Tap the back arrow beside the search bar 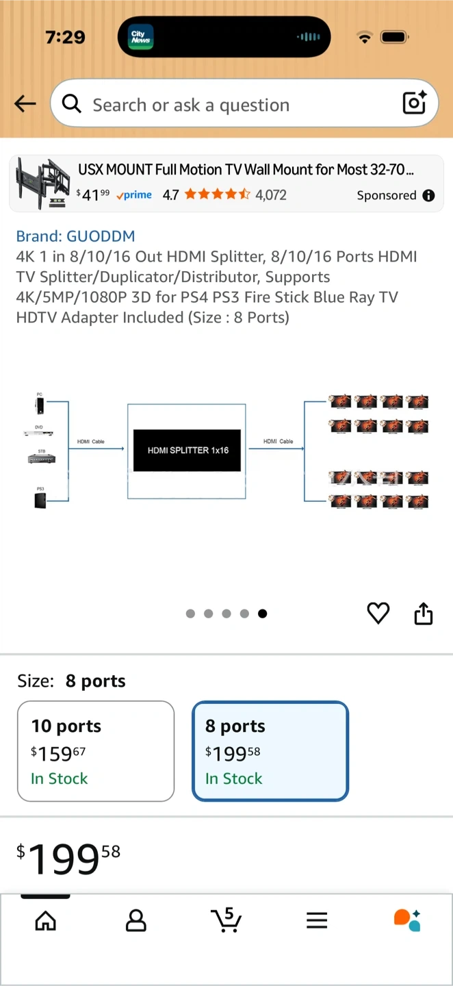[x=25, y=104]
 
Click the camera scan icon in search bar [x=415, y=103]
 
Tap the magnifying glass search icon [x=71, y=104]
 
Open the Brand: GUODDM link [x=75, y=236]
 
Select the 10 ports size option [x=96, y=751]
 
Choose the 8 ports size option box [x=270, y=751]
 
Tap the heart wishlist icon [x=378, y=613]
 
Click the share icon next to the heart [x=424, y=614]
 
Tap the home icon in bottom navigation [x=46, y=920]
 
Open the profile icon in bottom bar [x=136, y=920]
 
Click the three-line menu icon [x=317, y=921]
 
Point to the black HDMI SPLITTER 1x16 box [x=187, y=451]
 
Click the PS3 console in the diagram [x=40, y=498]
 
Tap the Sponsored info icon [x=429, y=196]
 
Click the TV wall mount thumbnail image [x=43, y=183]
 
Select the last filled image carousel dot [x=263, y=614]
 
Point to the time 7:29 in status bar [x=65, y=37]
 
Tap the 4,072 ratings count [x=271, y=195]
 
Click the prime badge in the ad [x=134, y=195]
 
